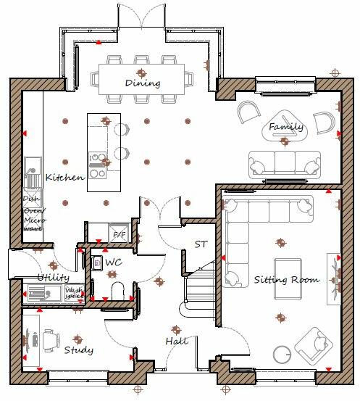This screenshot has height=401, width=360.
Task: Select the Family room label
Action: pyautogui.click(x=286, y=128)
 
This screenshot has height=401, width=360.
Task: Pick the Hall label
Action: pyautogui.click(x=176, y=341)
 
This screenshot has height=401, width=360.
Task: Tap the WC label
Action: pyautogui.click(x=113, y=261)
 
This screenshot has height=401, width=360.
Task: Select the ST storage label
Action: pyautogui.click(x=201, y=245)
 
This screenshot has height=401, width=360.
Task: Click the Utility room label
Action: pyautogui.click(x=53, y=278)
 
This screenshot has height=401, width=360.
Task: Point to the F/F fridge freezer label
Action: pyautogui.click(x=117, y=236)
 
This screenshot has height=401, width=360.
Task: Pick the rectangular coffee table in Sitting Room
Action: pyautogui.click(x=288, y=268)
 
